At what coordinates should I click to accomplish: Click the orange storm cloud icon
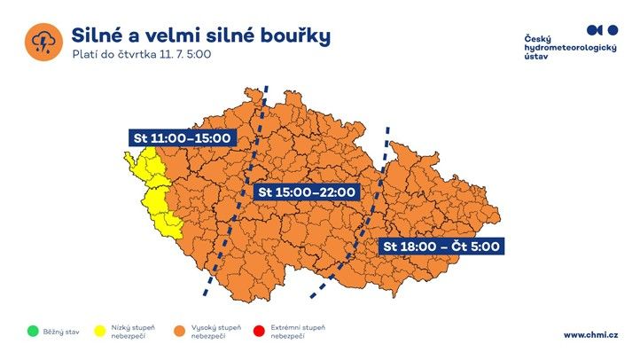[x=42, y=43]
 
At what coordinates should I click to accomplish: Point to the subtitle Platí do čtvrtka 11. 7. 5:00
[x=142, y=55]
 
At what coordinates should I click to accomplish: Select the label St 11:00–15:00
[x=181, y=138]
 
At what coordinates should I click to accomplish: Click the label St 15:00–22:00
[x=306, y=192]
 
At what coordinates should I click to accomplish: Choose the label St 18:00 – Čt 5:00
[x=441, y=247]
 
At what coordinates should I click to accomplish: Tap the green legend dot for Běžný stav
[x=33, y=332]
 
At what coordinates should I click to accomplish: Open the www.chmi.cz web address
[x=590, y=334]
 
